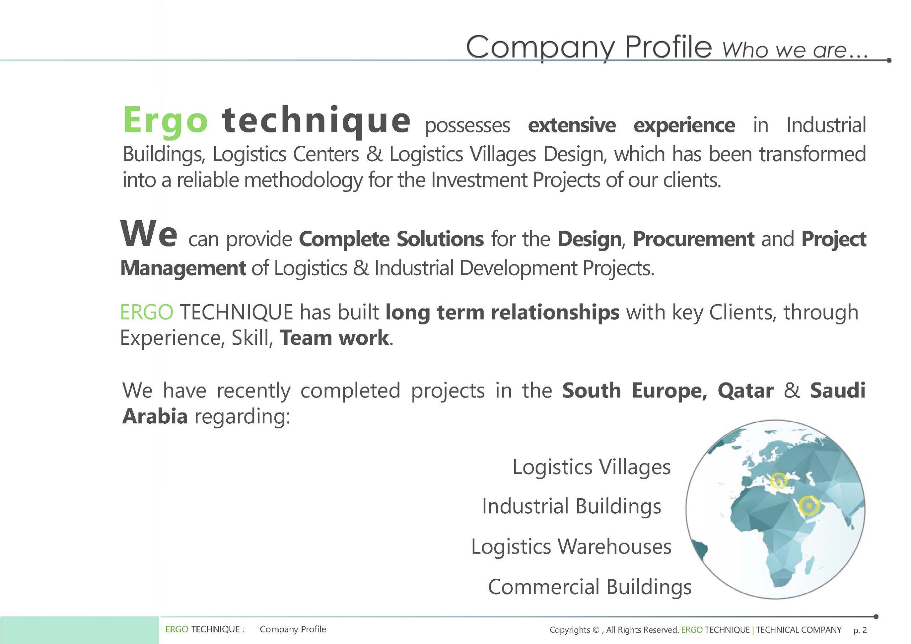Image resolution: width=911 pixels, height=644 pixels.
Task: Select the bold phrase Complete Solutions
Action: coord(391,239)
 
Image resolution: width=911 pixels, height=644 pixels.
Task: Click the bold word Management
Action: coord(183,268)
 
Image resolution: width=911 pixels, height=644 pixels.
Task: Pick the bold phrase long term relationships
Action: coord(502,313)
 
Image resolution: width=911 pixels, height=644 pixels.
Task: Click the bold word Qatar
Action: coord(745,391)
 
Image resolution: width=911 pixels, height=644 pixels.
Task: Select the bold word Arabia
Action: coord(155,416)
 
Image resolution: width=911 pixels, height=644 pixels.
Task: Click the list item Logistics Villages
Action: coord(591,467)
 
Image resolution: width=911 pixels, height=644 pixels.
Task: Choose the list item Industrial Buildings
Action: coord(572,506)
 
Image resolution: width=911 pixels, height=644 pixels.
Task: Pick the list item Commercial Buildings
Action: coord(590,586)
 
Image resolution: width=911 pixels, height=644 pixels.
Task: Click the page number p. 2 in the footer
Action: coord(860,630)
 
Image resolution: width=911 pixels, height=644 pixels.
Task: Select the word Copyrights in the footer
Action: coord(570,630)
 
